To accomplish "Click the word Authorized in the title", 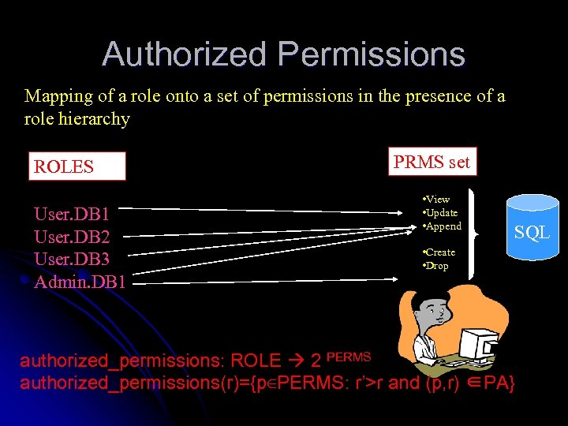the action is coord(185,54).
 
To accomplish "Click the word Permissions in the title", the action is coord(372,54).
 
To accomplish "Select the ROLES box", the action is coord(77,166).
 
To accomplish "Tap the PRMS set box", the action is coord(432,163).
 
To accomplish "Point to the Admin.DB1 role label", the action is coord(80,282).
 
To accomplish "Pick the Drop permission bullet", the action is coord(435,266).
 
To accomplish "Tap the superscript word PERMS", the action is coord(348,357).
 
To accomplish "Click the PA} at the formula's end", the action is coord(500,383).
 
